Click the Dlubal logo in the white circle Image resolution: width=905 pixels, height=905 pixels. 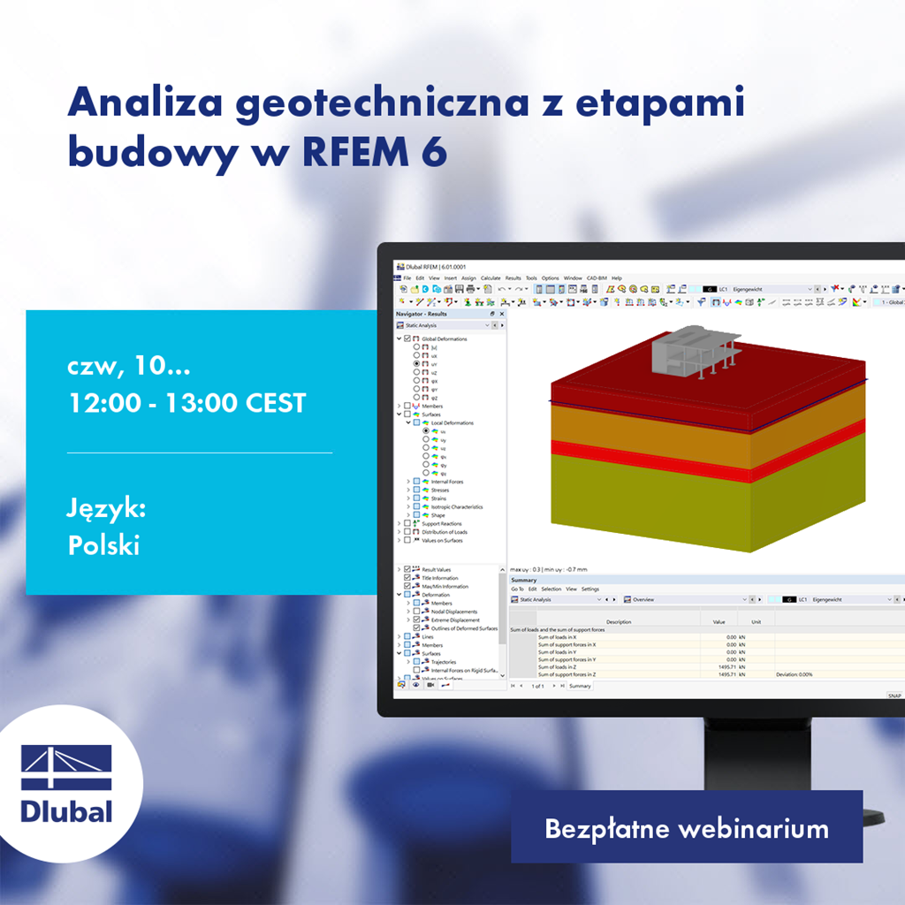tap(67, 785)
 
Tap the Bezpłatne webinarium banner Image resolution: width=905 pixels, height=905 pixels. tap(686, 829)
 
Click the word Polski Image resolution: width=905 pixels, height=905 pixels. tap(103, 545)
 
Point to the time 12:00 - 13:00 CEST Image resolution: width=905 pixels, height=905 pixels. tap(186, 403)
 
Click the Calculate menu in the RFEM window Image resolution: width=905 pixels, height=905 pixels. tap(491, 278)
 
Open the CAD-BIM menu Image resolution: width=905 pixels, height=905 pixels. tap(597, 278)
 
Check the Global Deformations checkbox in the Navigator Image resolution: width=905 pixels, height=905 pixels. tap(407, 338)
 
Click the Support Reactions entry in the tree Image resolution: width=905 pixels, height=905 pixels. tap(441, 524)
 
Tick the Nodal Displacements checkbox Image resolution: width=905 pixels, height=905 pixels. tap(416, 612)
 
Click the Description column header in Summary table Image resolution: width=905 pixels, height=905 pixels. tap(619, 622)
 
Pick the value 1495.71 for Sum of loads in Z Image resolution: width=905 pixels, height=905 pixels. tap(725, 666)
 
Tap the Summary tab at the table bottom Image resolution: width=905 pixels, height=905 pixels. tap(580, 686)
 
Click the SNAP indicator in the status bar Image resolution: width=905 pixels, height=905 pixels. tap(894, 696)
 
